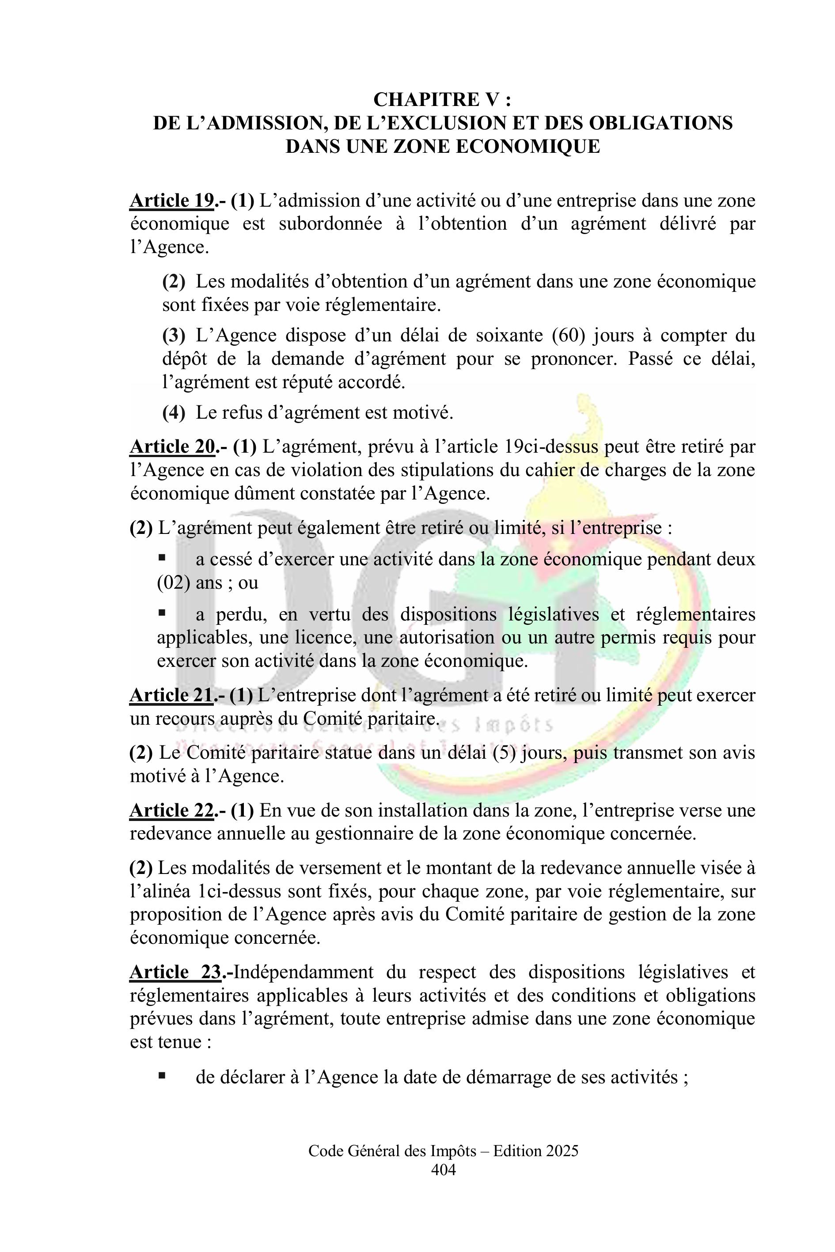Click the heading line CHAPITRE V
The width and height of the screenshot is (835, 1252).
tap(443, 99)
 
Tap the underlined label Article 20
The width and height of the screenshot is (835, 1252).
tap(171, 446)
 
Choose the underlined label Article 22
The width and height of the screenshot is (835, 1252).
tap(171, 810)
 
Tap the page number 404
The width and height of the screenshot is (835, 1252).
tap(443, 1184)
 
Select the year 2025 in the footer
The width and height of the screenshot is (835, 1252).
tap(558, 1166)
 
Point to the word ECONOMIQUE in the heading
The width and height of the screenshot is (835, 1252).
tap(528, 146)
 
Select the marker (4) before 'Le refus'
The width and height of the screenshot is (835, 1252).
tap(174, 412)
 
